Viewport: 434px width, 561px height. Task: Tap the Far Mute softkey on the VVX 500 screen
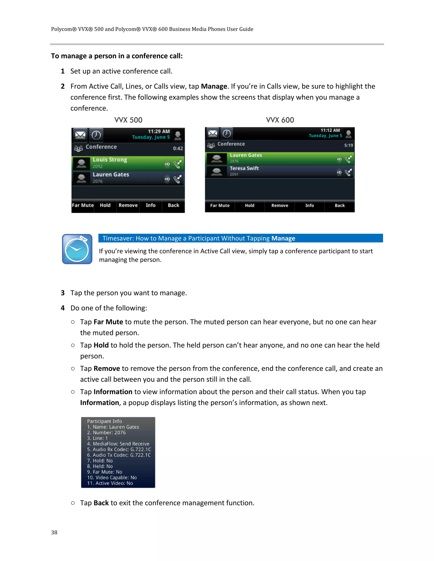coord(82,205)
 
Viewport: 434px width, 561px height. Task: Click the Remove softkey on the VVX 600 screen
coord(280,206)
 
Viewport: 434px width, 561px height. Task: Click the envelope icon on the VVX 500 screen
coord(80,135)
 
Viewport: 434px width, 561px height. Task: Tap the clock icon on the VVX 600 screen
coord(227,134)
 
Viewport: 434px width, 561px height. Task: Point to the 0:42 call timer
coord(178,148)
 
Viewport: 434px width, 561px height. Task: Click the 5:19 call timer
coord(348,145)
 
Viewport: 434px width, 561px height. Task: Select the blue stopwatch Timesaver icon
coord(77,249)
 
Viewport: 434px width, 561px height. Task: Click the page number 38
coord(54,532)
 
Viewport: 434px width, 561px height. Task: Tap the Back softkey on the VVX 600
coord(339,206)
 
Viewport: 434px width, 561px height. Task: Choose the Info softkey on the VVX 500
coord(150,205)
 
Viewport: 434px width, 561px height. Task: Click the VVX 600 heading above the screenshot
coord(280,120)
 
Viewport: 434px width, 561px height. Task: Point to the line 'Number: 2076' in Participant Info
coord(106,432)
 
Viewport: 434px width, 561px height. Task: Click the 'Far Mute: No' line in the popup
coord(105,472)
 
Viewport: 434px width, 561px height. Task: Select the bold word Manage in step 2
coord(214,86)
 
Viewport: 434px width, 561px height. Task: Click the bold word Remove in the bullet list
coord(107,368)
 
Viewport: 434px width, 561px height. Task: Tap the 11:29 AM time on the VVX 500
coord(159,131)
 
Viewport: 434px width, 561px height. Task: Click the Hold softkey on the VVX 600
coord(249,206)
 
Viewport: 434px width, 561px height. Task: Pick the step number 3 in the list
coord(63,293)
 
